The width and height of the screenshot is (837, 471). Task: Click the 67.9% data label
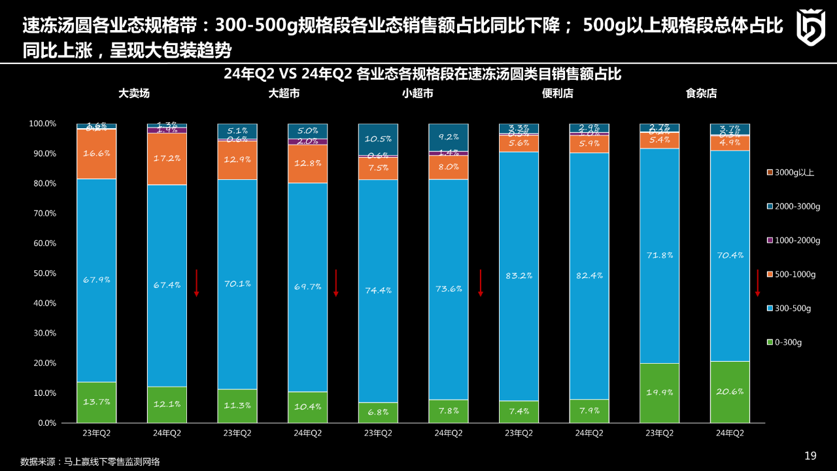click(x=96, y=280)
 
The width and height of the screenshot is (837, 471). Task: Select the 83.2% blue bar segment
click(x=519, y=276)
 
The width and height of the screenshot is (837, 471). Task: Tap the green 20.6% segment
click(x=730, y=392)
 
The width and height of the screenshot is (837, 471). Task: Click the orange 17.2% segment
click(x=167, y=159)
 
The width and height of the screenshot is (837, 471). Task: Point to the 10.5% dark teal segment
click(x=378, y=139)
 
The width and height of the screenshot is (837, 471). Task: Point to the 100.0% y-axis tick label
click(x=43, y=124)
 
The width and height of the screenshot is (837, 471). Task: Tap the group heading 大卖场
click(x=134, y=94)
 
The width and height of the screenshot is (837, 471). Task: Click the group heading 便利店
click(x=557, y=94)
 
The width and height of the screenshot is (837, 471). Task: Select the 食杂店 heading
click(x=701, y=94)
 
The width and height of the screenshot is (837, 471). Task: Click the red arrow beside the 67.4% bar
click(x=196, y=283)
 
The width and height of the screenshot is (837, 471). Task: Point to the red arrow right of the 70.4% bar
click(x=758, y=283)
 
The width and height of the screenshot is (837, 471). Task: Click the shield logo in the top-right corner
click(x=810, y=27)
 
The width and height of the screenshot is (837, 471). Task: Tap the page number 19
click(x=810, y=456)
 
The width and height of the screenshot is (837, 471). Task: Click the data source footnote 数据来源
click(x=90, y=461)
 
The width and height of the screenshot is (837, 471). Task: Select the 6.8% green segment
click(x=378, y=412)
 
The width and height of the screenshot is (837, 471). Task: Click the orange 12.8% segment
click(x=307, y=164)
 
